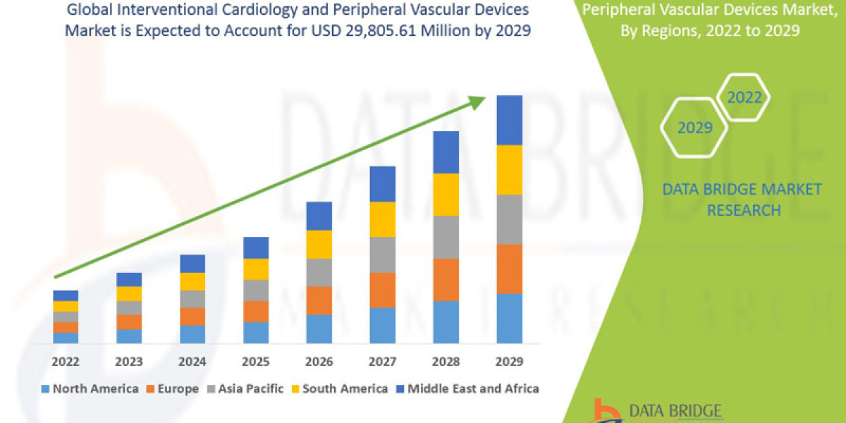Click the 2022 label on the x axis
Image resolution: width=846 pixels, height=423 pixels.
(66, 362)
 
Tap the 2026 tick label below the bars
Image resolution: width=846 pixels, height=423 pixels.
(319, 362)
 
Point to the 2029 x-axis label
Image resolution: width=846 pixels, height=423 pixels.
(509, 362)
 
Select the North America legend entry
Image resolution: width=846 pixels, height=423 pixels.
(90, 388)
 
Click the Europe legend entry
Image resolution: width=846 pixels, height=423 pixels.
(176, 388)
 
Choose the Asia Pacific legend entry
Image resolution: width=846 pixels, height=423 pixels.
(249, 388)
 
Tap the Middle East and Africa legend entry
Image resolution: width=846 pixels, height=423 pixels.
(472, 388)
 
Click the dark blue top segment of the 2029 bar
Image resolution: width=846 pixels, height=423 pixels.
(509, 120)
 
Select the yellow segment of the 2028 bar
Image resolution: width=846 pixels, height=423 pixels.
(446, 194)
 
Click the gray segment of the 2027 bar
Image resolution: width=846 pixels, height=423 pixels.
(382, 255)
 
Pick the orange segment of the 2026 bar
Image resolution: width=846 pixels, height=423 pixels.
(319, 300)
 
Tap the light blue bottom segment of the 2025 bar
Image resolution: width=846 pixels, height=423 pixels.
(256, 332)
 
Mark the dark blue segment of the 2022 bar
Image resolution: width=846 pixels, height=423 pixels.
(66, 295)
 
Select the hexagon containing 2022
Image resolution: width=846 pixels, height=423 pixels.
(744, 98)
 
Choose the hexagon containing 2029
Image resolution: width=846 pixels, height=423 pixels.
(694, 128)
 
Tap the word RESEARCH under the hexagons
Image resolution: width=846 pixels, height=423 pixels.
(744, 210)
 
